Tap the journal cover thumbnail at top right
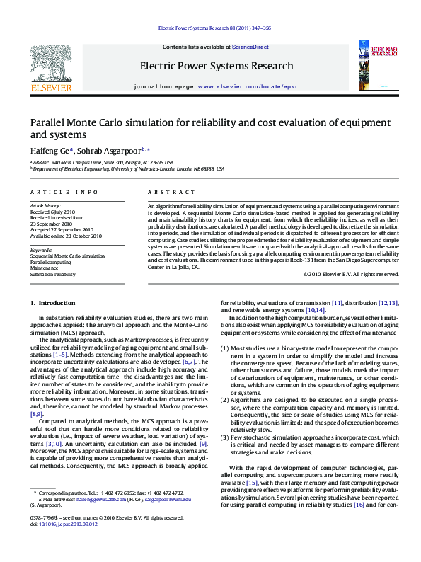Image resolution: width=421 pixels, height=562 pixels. [x=374, y=65]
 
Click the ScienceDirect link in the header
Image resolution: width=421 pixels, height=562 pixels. [x=251, y=46]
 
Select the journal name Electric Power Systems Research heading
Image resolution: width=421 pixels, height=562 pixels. [x=216, y=66]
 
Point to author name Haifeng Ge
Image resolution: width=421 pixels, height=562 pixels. [x=49, y=150]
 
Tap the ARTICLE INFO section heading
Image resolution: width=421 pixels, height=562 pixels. [x=64, y=192]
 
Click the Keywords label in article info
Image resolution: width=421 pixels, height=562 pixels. [x=40, y=250]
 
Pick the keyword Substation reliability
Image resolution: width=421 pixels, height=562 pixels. [x=52, y=274]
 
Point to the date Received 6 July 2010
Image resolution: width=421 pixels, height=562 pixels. [x=52, y=212]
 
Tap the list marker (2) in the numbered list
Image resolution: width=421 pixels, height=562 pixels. [x=225, y=400]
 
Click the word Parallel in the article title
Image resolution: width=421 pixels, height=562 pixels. [x=47, y=122]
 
